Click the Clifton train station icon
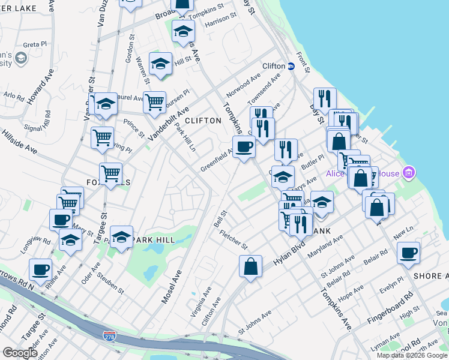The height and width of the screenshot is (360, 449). [x=291, y=66]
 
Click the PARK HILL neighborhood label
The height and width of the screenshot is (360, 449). [x=154, y=240]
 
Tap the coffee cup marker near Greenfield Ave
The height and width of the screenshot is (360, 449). [x=244, y=146]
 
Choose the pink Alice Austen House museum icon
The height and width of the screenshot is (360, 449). [x=409, y=173]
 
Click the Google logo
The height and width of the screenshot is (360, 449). [x=20, y=353]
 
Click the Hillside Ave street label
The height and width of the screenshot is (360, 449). [x=18, y=145]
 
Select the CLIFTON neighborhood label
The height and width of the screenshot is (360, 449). [x=203, y=121]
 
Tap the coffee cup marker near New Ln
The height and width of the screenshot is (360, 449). [x=408, y=252]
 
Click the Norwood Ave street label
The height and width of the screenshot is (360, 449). [x=243, y=86]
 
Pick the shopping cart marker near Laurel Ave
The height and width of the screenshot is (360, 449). [x=154, y=102]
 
